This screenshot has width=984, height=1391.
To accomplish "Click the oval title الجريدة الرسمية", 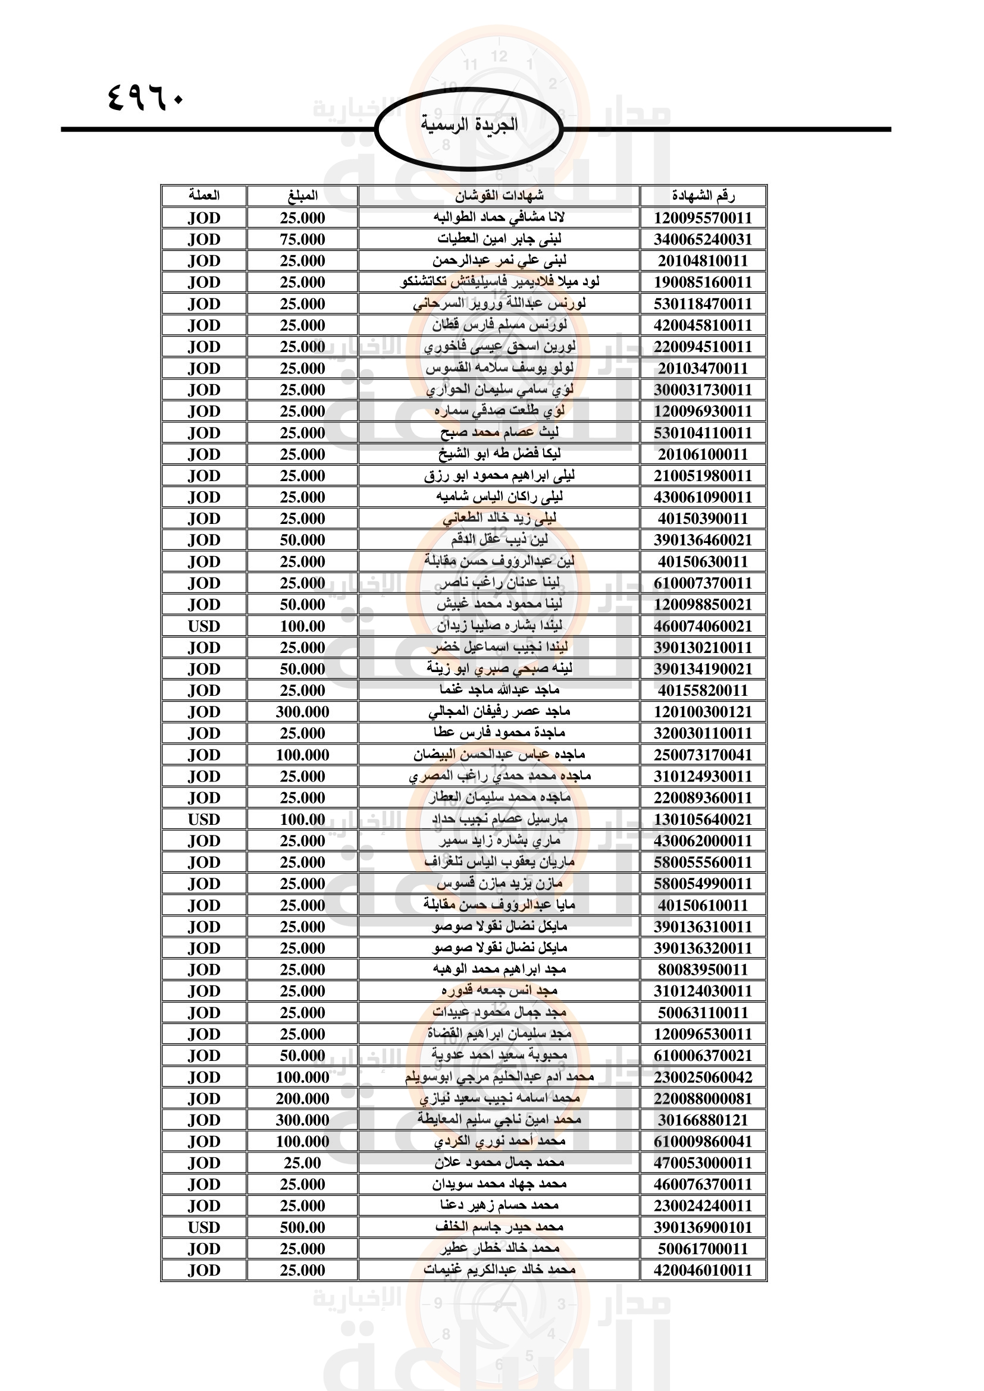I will pyautogui.click(x=469, y=125).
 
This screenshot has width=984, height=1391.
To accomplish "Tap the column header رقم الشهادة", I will pyautogui.click(x=703, y=196).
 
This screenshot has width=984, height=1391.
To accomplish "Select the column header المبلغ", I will pyautogui.click(x=302, y=196).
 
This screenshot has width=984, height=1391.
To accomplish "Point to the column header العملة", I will pyautogui.click(x=203, y=196).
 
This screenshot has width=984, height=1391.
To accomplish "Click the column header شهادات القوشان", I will pyautogui.click(x=499, y=196).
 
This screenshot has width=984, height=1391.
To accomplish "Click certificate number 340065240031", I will pyautogui.click(x=703, y=239).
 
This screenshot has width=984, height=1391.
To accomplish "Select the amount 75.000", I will pyautogui.click(x=302, y=239).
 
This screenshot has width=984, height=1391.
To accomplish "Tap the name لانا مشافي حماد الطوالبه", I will pyautogui.click(x=499, y=218).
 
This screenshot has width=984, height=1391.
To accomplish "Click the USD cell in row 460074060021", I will pyautogui.click(x=203, y=626).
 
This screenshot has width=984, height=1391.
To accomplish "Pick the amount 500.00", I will pyautogui.click(x=302, y=1227).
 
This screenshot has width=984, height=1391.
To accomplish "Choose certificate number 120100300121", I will pyautogui.click(x=703, y=712).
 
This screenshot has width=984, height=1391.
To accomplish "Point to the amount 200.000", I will pyautogui.click(x=302, y=1098).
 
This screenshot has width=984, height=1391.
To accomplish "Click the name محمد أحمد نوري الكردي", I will pyautogui.click(x=499, y=1141).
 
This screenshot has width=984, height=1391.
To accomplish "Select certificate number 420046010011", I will pyautogui.click(x=703, y=1270).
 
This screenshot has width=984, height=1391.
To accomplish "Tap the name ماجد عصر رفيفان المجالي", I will pyautogui.click(x=499, y=712).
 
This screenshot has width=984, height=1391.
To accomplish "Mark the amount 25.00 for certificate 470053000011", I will pyautogui.click(x=302, y=1163).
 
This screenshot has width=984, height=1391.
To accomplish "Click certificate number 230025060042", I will pyautogui.click(x=703, y=1077).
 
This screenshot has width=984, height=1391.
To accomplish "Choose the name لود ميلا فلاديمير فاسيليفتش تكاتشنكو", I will pyautogui.click(x=499, y=282).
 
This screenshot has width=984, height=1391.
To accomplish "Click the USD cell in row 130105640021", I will pyautogui.click(x=203, y=819).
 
